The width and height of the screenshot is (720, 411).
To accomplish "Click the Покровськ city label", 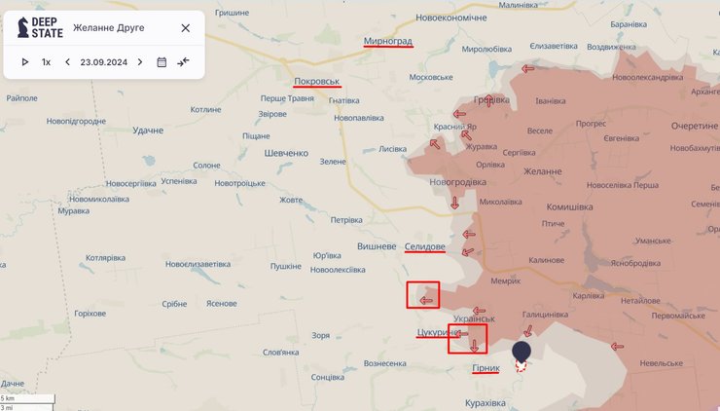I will (316, 81).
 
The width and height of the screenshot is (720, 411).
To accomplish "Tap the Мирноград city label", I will (387, 42).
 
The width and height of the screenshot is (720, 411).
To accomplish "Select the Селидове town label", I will (424, 247).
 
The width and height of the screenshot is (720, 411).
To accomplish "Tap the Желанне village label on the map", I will (542, 171).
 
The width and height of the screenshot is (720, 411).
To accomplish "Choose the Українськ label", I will (475, 318).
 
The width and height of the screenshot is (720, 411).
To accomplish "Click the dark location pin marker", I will (522, 352).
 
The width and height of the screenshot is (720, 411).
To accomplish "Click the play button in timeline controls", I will (25, 62).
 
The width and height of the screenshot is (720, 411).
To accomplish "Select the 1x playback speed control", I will (46, 62).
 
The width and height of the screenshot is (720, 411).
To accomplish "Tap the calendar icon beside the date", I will (162, 62).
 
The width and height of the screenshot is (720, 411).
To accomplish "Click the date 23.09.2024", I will (103, 62).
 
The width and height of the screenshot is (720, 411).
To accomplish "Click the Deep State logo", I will (40, 27).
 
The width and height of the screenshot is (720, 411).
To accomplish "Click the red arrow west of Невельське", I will (616, 346).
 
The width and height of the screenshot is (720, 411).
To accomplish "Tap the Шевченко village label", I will (286, 153).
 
